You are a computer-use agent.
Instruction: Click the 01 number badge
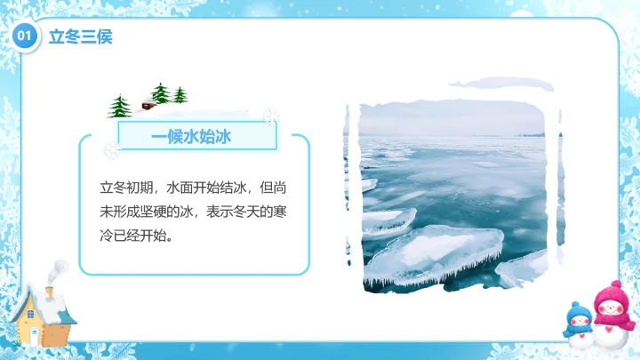click(x=25, y=36)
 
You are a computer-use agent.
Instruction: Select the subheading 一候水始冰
click(x=191, y=136)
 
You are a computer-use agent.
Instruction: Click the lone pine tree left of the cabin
click(x=119, y=107)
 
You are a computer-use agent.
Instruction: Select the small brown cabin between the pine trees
click(x=147, y=104)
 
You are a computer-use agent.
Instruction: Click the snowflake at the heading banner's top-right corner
click(x=271, y=116)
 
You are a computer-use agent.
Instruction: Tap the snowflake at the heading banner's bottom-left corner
click(x=112, y=150)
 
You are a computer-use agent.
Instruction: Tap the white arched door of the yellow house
click(x=34, y=334)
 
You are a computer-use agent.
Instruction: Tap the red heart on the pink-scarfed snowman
click(x=608, y=334)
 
